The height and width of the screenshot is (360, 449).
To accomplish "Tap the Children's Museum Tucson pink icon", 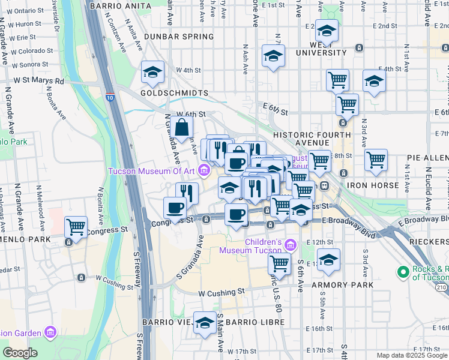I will (291, 244).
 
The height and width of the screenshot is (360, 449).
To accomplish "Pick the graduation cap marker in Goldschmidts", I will (152, 73).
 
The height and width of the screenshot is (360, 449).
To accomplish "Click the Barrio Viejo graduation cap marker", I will (205, 322).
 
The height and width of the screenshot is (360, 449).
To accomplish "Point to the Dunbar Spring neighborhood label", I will (178, 37).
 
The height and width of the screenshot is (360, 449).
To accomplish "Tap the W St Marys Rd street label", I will (38, 80).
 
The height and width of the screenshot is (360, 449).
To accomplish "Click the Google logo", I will (20, 353).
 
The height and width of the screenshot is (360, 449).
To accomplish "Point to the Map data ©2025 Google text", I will (412, 355).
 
